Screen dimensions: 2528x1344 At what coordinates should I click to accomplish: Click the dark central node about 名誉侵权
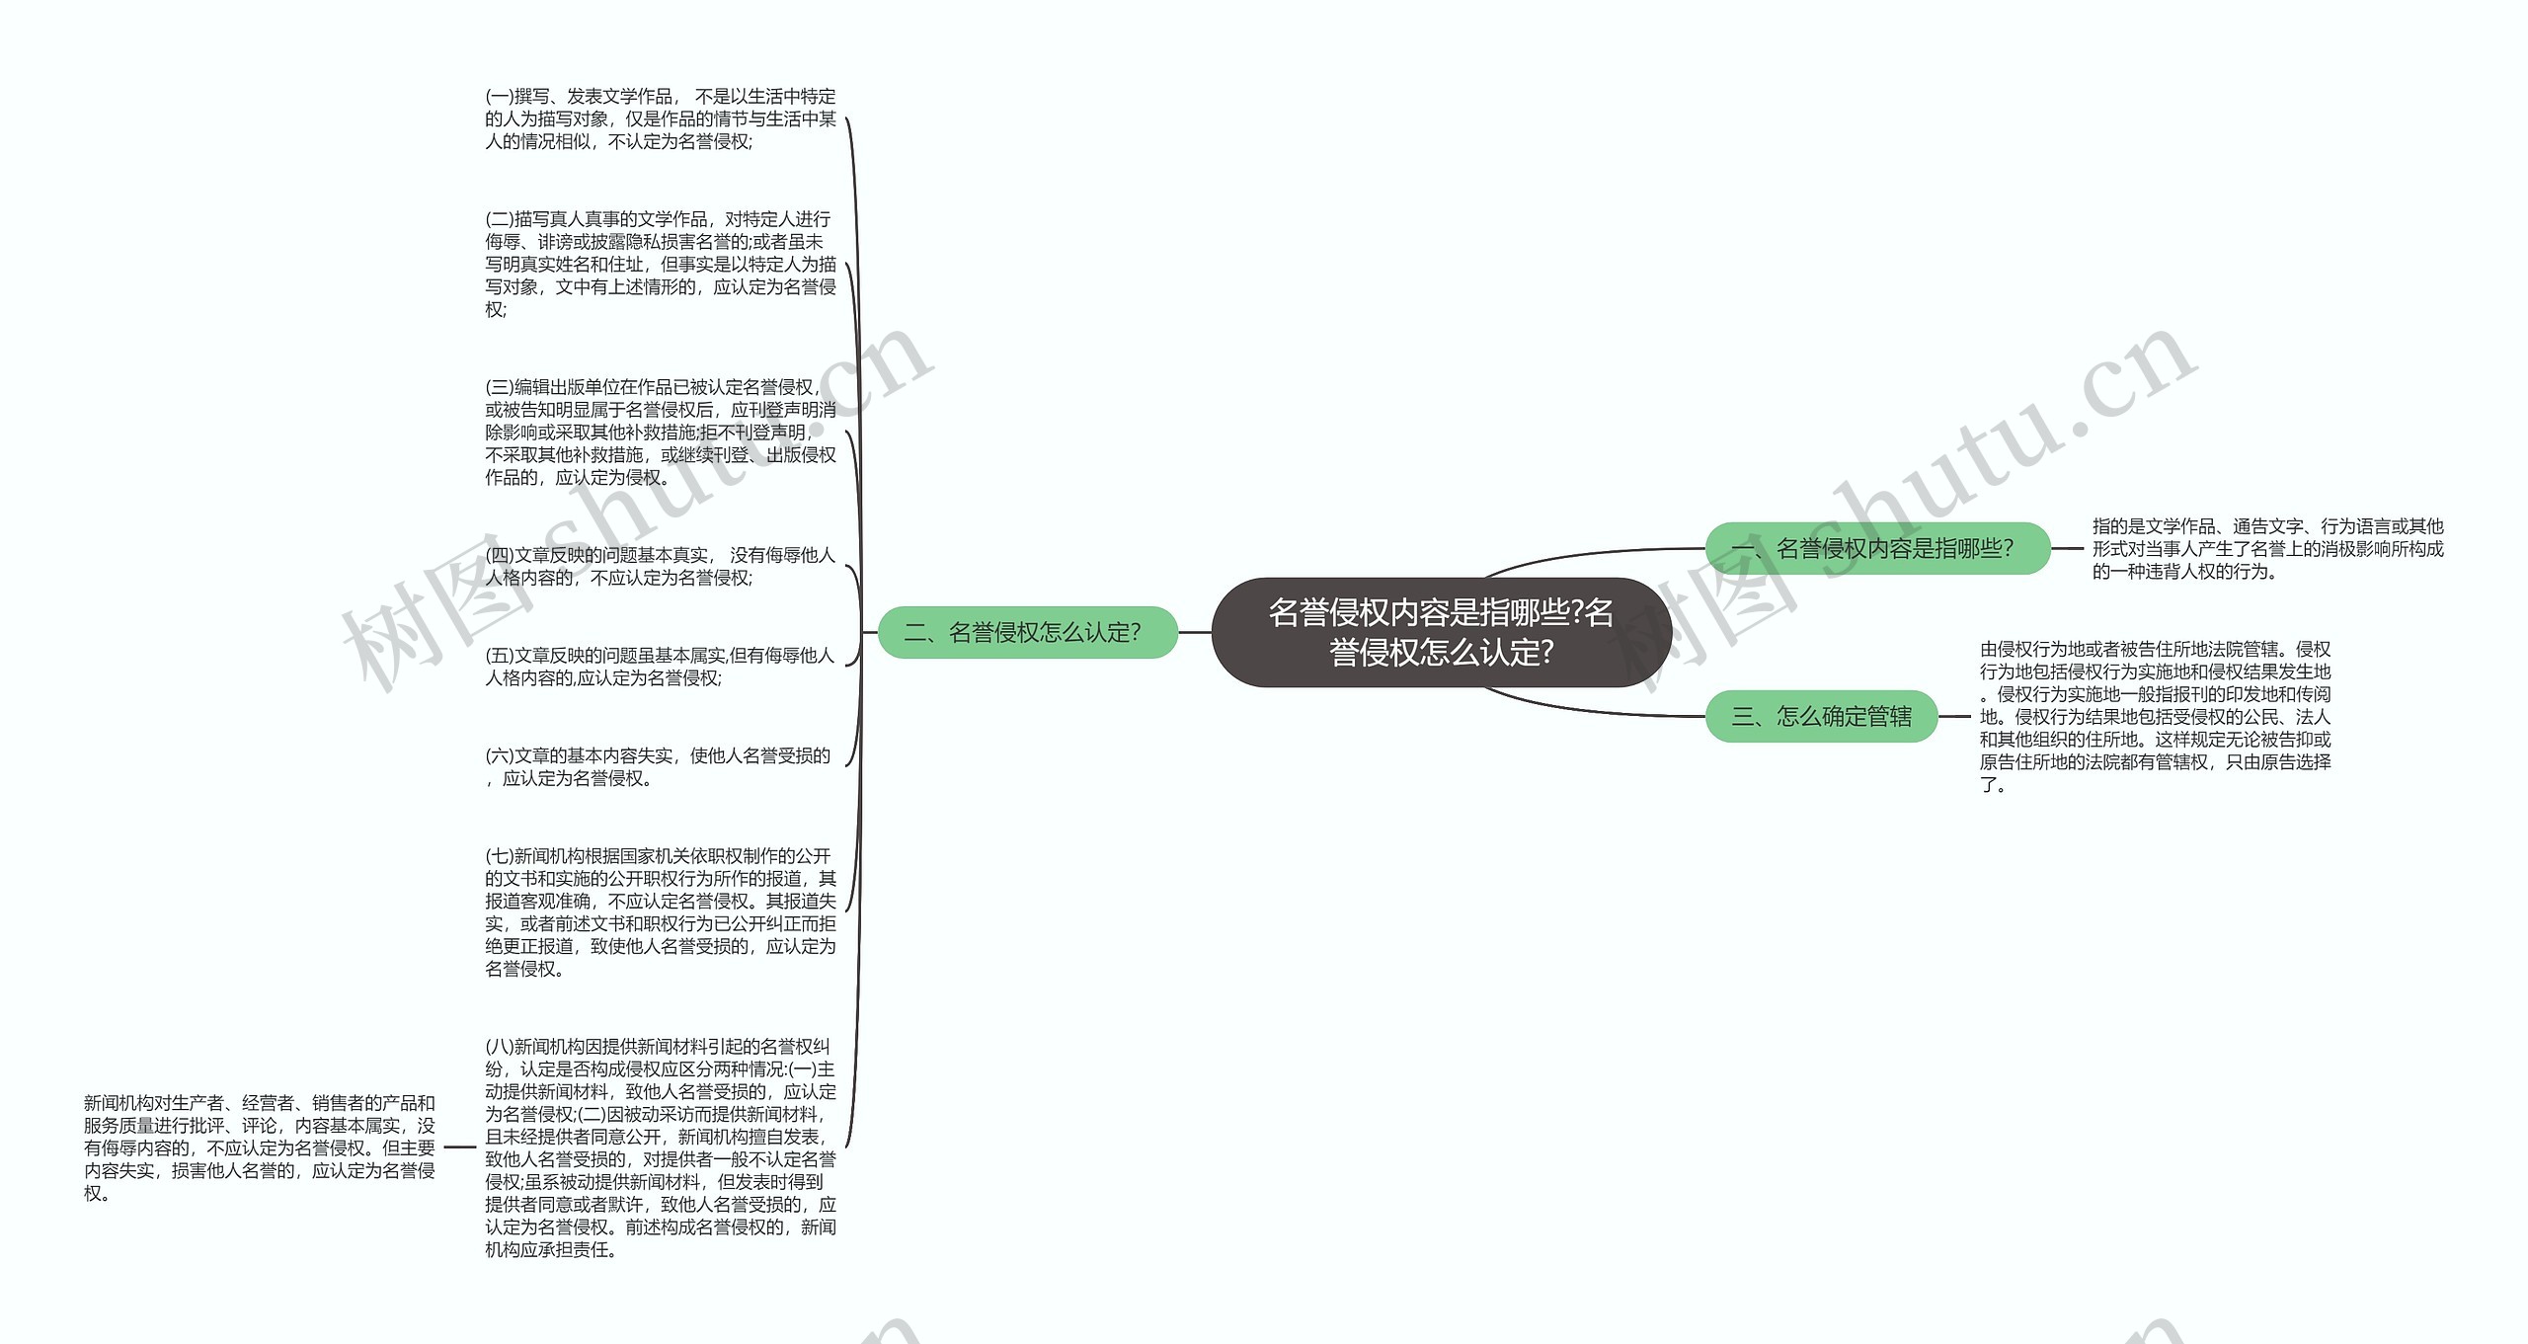(x=1441, y=632)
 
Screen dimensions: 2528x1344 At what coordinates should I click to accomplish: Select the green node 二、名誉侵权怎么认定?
(x=1027, y=632)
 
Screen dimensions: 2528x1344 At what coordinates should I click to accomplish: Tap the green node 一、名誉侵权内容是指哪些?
(x=1877, y=548)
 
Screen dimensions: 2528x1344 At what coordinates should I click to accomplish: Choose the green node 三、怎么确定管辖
(x=1821, y=716)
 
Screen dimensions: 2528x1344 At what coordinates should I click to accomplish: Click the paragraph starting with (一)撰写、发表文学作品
(x=660, y=119)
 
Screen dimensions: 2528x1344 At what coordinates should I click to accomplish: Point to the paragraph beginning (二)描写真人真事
(x=660, y=264)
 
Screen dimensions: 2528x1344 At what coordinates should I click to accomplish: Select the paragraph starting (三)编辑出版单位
(x=660, y=432)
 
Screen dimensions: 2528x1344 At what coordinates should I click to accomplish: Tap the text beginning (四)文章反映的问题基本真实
(x=660, y=566)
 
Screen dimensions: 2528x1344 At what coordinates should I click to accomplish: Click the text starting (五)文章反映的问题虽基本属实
(x=660, y=667)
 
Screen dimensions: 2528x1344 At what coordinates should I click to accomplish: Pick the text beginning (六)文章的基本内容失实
(x=658, y=767)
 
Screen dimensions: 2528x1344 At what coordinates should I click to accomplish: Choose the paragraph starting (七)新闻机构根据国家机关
(x=660, y=912)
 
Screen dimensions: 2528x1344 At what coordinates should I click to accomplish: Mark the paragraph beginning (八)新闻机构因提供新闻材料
(x=660, y=1147)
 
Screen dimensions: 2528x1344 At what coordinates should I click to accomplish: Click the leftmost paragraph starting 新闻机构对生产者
(x=259, y=1147)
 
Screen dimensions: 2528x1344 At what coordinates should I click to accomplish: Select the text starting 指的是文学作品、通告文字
(x=2267, y=548)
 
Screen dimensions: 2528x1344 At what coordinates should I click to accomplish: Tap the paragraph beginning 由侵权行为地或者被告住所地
(x=2155, y=716)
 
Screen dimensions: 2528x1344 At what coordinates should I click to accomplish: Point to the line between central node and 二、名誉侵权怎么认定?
(x=1195, y=632)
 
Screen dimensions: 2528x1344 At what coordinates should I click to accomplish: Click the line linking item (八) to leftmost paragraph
(x=460, y=1147)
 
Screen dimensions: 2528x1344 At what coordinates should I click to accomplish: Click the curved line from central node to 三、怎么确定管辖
(x=1580, y=708)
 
